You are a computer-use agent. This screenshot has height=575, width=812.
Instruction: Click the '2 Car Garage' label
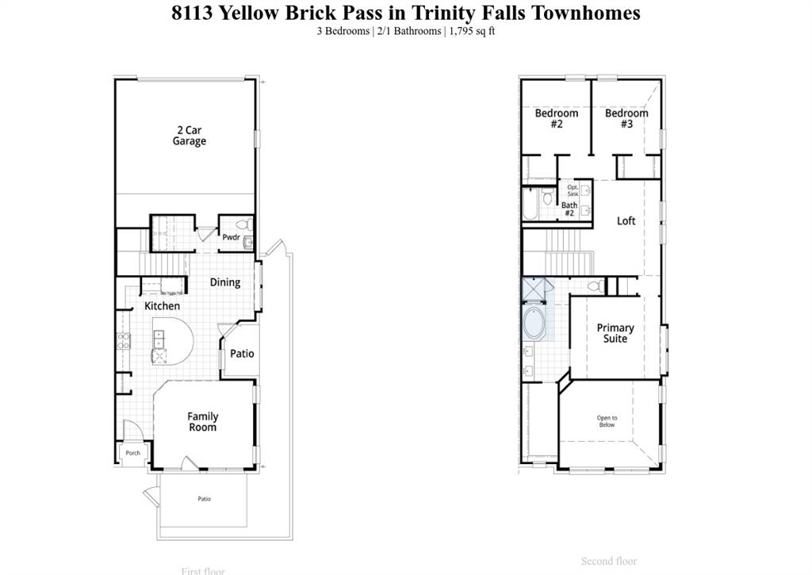coord(189,136)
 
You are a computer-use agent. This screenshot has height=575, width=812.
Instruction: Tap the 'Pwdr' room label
coord(231,236)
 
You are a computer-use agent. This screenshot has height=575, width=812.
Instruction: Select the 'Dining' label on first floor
coord(225,282)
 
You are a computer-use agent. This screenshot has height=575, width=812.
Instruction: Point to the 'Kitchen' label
coord(162,305)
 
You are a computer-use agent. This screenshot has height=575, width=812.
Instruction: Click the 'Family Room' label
coord(202,422)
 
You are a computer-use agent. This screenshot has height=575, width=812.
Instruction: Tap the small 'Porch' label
coord(132,453)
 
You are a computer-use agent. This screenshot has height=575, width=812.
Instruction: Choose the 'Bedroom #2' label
coord(556,119)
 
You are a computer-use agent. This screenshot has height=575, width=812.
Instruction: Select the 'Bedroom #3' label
coord(626,119)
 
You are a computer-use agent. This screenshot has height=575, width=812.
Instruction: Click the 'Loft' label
coord(626,220)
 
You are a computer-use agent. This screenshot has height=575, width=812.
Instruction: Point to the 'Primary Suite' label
coord(615,333)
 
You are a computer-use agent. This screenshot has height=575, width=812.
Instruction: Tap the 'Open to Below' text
coord(607,421)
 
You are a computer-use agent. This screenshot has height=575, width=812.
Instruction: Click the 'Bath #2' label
coord(569,209)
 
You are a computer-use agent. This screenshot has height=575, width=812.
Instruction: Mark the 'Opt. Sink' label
coord(573,190)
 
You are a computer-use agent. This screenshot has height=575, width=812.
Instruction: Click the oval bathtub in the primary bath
coord(534,325)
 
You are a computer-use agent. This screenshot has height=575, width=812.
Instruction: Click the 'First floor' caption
coord(202,570)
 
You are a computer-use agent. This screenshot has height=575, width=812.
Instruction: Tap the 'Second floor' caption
coord(609,562)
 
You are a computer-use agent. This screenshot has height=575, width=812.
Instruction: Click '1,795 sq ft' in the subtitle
coord(473,31)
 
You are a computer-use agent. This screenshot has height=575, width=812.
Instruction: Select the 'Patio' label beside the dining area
coord(242,354)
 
